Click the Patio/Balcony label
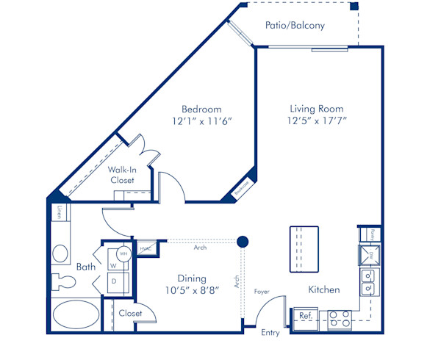pos(294,25)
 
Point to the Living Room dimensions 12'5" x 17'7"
pos(317,122)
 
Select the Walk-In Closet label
pos(122,175)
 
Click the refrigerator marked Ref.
pos(305,316)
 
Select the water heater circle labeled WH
pos(124,253)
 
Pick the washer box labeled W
pos(115,264)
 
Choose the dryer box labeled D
pos(115,280)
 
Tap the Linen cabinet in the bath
pos(59,212)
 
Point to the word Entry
pos(270,333)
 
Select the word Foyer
pos(262,292)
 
